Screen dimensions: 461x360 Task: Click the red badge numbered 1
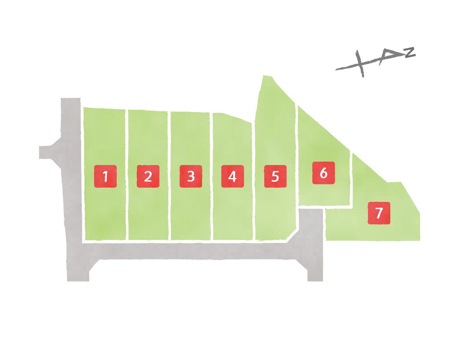coord(105,176)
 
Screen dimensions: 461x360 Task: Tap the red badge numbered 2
coord(148,176)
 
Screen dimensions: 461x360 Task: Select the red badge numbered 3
coord(191,176)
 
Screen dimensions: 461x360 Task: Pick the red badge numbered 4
coord(232,176)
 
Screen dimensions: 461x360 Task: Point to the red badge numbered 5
coord(275,176)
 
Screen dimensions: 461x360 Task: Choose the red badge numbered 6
coord(323,173)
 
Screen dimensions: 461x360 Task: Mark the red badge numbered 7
coord(379,213)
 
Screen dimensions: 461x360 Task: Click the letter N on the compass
coord(410,52)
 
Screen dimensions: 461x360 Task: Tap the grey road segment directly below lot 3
coord(191,251)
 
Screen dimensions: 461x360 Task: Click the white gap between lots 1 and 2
coord(127,175)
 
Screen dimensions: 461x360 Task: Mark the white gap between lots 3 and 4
coord(212,176)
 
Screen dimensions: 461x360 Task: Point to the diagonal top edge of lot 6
coord(324,129)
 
